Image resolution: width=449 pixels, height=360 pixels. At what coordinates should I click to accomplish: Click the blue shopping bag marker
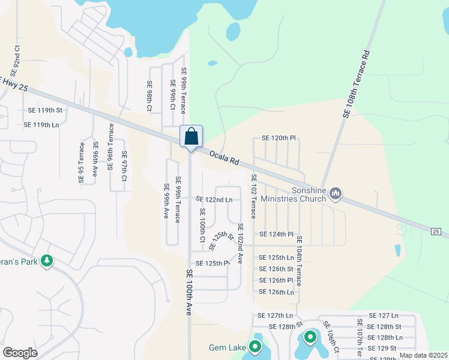pyautogui.click(x=191, y=137)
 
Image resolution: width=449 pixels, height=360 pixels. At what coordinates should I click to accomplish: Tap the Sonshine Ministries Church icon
pyautogui.click(x=336, y=193)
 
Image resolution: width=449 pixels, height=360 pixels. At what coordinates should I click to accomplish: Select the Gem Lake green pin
pyautogui.click(x=255, y=347)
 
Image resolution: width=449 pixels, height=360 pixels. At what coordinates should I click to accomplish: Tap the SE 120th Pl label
pyautogui.click(x=276, y=138)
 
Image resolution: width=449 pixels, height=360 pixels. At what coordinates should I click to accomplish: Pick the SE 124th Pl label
pyautogui.click(x=276, y=234)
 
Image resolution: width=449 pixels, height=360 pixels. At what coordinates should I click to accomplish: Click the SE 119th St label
pyautogui.click(x=46, y=110)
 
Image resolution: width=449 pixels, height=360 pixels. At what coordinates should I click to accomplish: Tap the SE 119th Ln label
pyautogui.click(x=41, y=125)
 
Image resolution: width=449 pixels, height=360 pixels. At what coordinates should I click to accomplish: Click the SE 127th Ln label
pyautogui.click(x=276, y=316)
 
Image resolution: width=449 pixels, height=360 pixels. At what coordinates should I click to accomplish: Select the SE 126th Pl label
pyautogui.click(x=276, y=280)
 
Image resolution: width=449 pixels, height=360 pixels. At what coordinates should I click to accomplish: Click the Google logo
pyautogui.click(x=20, y=353)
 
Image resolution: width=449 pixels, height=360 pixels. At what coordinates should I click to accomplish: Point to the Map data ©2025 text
pyautogui.click(x=423, y=355)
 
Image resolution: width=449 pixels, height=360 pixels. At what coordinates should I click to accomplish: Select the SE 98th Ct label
pyautogui.click(x=150, y=97)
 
